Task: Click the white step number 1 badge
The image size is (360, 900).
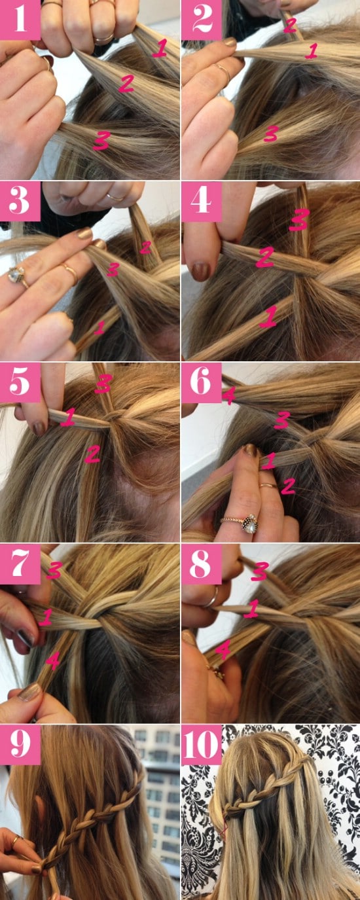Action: (x=20, y=20)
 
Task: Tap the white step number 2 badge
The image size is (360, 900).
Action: (x=202, y=20)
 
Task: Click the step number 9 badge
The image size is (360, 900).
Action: (x=20, y=745)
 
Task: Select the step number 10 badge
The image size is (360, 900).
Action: (x=202, y=745)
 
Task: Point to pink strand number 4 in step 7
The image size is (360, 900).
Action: (x=53, y=663)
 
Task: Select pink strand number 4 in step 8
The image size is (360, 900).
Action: (x=223, y=650)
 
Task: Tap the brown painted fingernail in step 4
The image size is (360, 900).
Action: (x=202, y=271)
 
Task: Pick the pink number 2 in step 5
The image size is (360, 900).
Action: (x=92, y=454)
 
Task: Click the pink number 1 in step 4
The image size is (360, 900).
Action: (x=267, y=319)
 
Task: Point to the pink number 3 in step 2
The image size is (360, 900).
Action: (x=270, y=134)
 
